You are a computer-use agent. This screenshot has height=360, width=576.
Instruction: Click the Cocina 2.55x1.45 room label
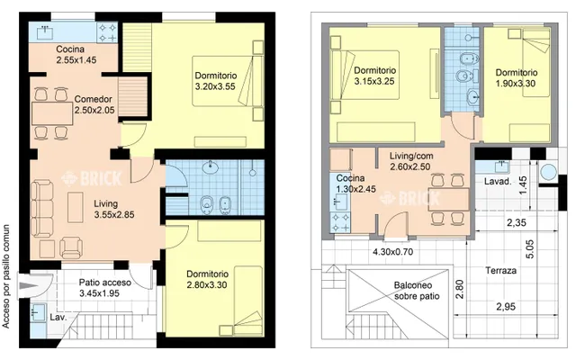tap(76, 55)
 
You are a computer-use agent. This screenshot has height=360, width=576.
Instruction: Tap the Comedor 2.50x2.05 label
tap(94, 104)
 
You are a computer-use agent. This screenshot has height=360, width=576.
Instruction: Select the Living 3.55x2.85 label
tap(114, 209)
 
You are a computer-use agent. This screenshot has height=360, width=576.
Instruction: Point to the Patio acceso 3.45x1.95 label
tap(105, 288)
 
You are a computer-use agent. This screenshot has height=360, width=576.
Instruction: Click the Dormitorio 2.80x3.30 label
tap(207, 279)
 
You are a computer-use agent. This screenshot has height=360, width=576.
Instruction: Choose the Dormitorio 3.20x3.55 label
tap(216, 81)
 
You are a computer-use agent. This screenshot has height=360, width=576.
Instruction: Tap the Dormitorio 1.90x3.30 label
tap(516, 78)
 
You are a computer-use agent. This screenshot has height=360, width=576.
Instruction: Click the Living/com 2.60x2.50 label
tap(411, 161)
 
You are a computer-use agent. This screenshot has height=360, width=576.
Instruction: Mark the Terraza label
tap(500, 271)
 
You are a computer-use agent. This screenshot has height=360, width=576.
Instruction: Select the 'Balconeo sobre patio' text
tap(417, 291)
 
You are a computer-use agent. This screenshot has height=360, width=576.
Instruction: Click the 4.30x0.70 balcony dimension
tap(392, 252)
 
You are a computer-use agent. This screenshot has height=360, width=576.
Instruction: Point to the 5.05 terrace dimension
tap(530, 249)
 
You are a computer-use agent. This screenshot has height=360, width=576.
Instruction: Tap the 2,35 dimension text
tap(516, 222)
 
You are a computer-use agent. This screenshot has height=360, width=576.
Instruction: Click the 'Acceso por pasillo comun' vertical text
tap(6, 276)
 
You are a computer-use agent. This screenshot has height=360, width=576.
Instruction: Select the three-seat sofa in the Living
tap(41, 208)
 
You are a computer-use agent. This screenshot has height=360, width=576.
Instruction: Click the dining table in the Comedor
tap(52, 114)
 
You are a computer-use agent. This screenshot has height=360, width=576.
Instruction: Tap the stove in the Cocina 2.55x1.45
tap(107, 32)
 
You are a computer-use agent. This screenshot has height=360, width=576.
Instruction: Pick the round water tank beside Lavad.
tap(549, 172)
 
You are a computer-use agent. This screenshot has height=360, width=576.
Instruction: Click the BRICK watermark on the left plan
tap(91, 178)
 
